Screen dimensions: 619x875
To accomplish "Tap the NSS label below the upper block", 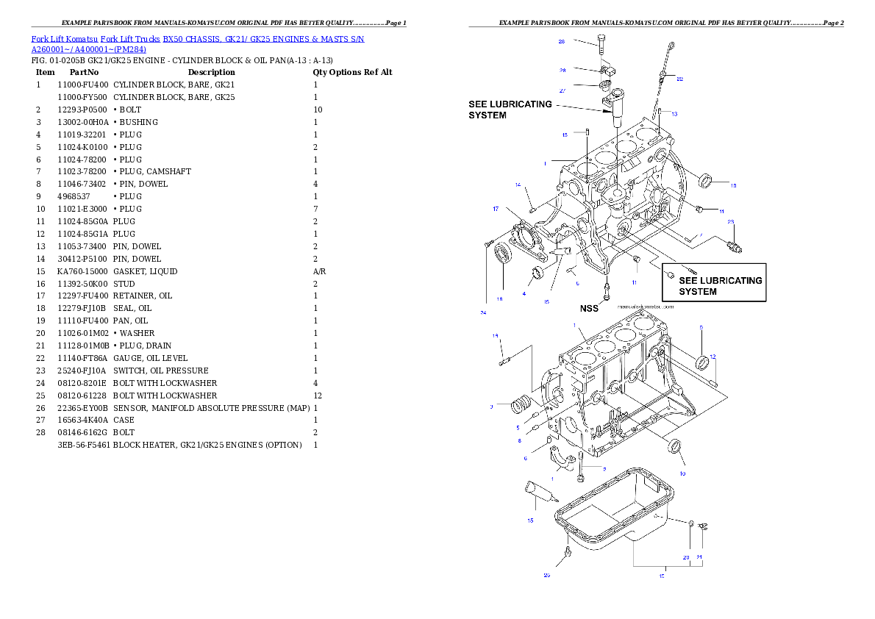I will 589,309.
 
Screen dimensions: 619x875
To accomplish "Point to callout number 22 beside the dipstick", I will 679,79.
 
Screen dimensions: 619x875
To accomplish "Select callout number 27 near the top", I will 562,91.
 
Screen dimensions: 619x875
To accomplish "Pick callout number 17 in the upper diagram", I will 496,210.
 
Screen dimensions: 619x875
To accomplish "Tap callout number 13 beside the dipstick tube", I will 674,114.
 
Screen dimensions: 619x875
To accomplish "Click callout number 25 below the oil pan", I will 546,575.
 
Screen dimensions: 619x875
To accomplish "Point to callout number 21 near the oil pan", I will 699,557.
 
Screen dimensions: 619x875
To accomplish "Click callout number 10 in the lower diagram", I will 682,473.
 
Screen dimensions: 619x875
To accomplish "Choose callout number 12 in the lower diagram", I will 712,357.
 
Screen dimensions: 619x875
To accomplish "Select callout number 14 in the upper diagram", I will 518,185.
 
